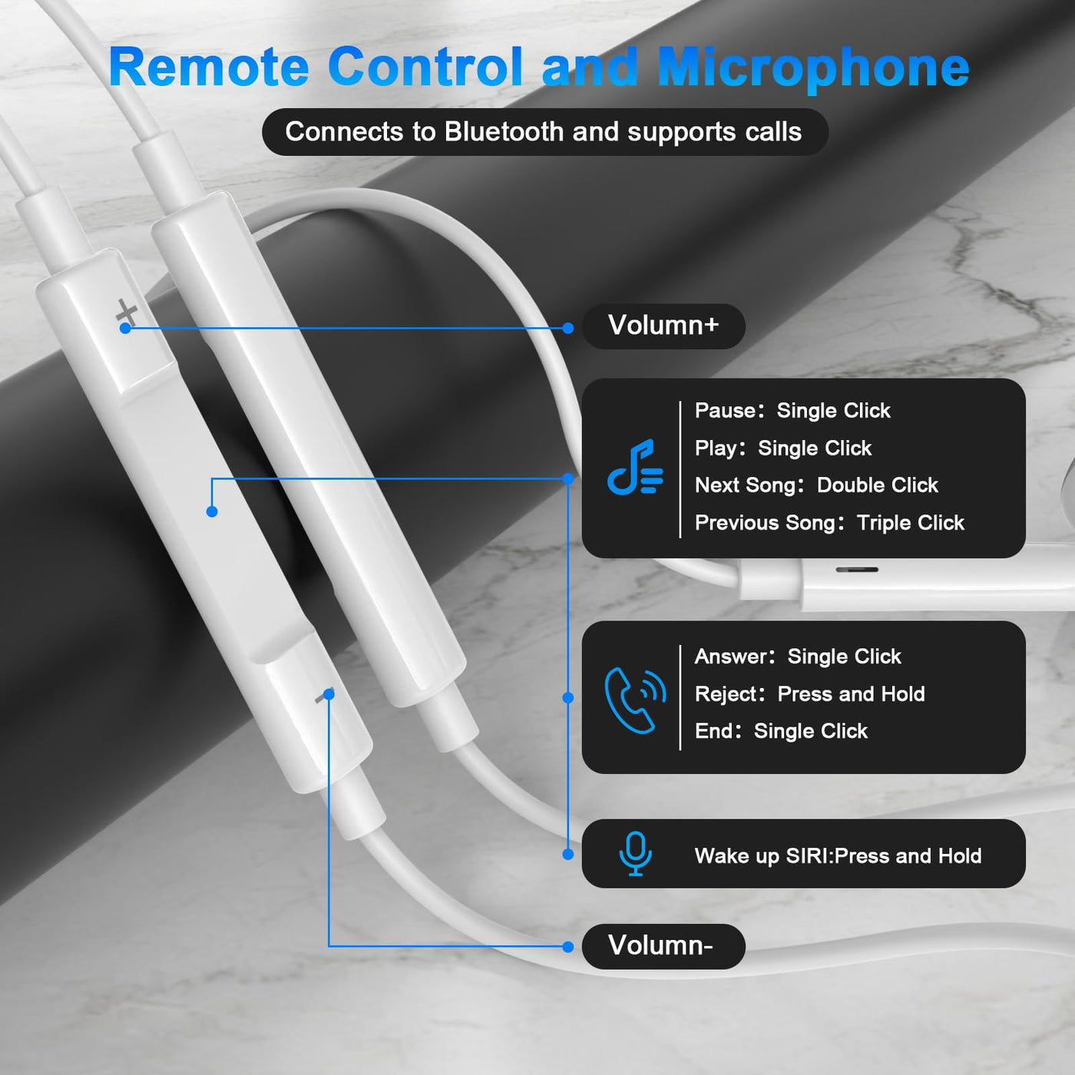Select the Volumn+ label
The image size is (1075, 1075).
click(x=663, y=326)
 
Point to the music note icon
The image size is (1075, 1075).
click(x=635, y=467)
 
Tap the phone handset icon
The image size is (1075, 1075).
click(x=635, y=700)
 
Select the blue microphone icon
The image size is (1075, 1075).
click(x=636, y=854)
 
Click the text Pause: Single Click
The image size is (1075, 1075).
click(x=792, y=411)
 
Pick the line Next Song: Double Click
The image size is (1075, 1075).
click(x=816, y=485)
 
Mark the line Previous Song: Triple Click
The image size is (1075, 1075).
click(x=829, y=523)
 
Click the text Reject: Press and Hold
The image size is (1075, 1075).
click(x=809, y=694)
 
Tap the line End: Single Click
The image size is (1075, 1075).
click(x=781, y=731)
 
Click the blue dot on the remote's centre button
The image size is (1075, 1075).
click(x=212, y=511)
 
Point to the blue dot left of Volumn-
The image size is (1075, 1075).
click(x=568, y=947)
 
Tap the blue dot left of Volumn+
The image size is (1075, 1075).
click(x=568, y=328)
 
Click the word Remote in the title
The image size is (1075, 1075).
click(x=209, y=67)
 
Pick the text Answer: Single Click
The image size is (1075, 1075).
click(x=798, y=657)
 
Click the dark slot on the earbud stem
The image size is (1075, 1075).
click(x=857, y=570)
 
